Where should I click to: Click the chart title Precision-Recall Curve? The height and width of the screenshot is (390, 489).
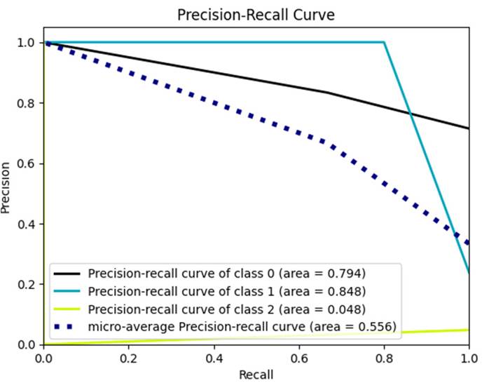(x=254, y=15)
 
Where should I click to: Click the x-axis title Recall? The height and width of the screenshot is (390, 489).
(x=255, y=375)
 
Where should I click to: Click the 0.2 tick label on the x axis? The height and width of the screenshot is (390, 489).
(x=128, y=358)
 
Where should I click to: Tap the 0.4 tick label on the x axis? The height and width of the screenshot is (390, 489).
(x=214, y=358)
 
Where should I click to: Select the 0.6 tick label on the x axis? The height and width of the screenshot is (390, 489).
(x=298, y=358)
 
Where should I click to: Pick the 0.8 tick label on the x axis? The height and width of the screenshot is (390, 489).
(x=383, y=358)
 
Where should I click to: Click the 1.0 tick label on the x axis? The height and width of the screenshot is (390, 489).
(x=467, y=358)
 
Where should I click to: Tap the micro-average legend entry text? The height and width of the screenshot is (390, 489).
(x=242, y=326)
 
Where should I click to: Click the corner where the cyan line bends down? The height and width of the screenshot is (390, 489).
(x=384, y=42)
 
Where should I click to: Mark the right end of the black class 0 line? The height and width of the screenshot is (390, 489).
(x=468, y=128)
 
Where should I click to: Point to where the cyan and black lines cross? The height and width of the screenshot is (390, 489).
(x=410, y=114)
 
